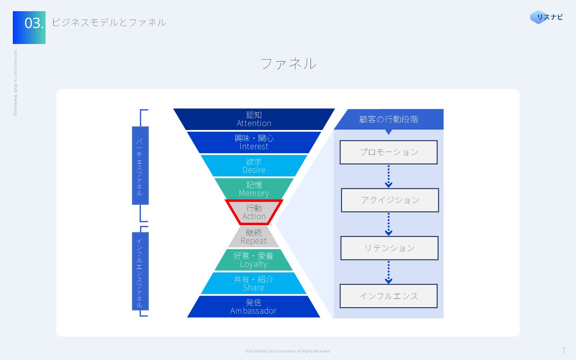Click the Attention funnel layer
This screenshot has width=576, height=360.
[254, 119]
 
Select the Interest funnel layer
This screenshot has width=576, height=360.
[254, 142]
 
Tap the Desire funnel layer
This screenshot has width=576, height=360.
[254, 166]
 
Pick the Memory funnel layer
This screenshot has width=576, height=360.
[254, 189]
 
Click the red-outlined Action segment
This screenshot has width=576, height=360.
[254, 212]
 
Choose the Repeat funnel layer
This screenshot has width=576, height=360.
[254, 236]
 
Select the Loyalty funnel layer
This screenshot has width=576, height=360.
[254, 260]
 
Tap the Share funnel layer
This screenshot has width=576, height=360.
[254, 283]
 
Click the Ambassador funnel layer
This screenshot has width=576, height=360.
[254, 306]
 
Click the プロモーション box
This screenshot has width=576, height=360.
[388, 152]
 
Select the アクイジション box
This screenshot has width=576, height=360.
[390, 200]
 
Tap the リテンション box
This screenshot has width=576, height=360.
[389, 248]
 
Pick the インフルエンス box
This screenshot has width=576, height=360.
[388, 296]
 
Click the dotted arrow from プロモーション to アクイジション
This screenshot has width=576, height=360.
[388, 176]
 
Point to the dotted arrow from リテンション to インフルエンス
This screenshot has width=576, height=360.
[388, 272]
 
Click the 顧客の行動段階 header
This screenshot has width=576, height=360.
[389, 119]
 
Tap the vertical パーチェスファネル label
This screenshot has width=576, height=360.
[140, 166]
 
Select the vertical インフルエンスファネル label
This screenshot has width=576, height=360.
[140, 271]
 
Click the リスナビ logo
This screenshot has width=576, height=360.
[546, 17]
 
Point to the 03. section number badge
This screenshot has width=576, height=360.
[29, 28]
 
